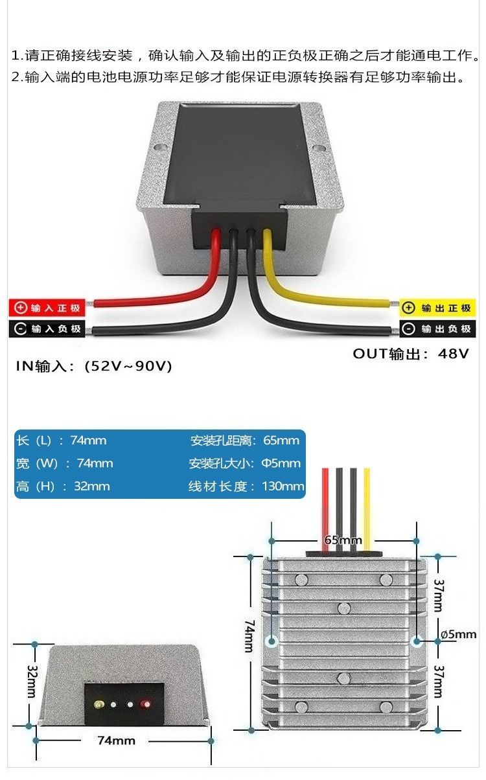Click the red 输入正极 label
[47, 308]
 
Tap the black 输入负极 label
[47, 329]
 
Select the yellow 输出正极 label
[437, 308]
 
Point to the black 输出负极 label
[437, 329]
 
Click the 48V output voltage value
[454, 354]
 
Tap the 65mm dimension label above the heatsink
[343, 540]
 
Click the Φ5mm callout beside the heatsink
[458, 634]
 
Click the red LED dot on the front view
[145, 704]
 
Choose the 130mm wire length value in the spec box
[283, 487]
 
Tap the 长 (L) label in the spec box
[34, 441]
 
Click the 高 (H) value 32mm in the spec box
[91, 487]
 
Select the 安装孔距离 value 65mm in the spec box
[281, 441]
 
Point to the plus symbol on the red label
[21, 308]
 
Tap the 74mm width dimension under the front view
[116, 740]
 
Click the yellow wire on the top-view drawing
[367, 505]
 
